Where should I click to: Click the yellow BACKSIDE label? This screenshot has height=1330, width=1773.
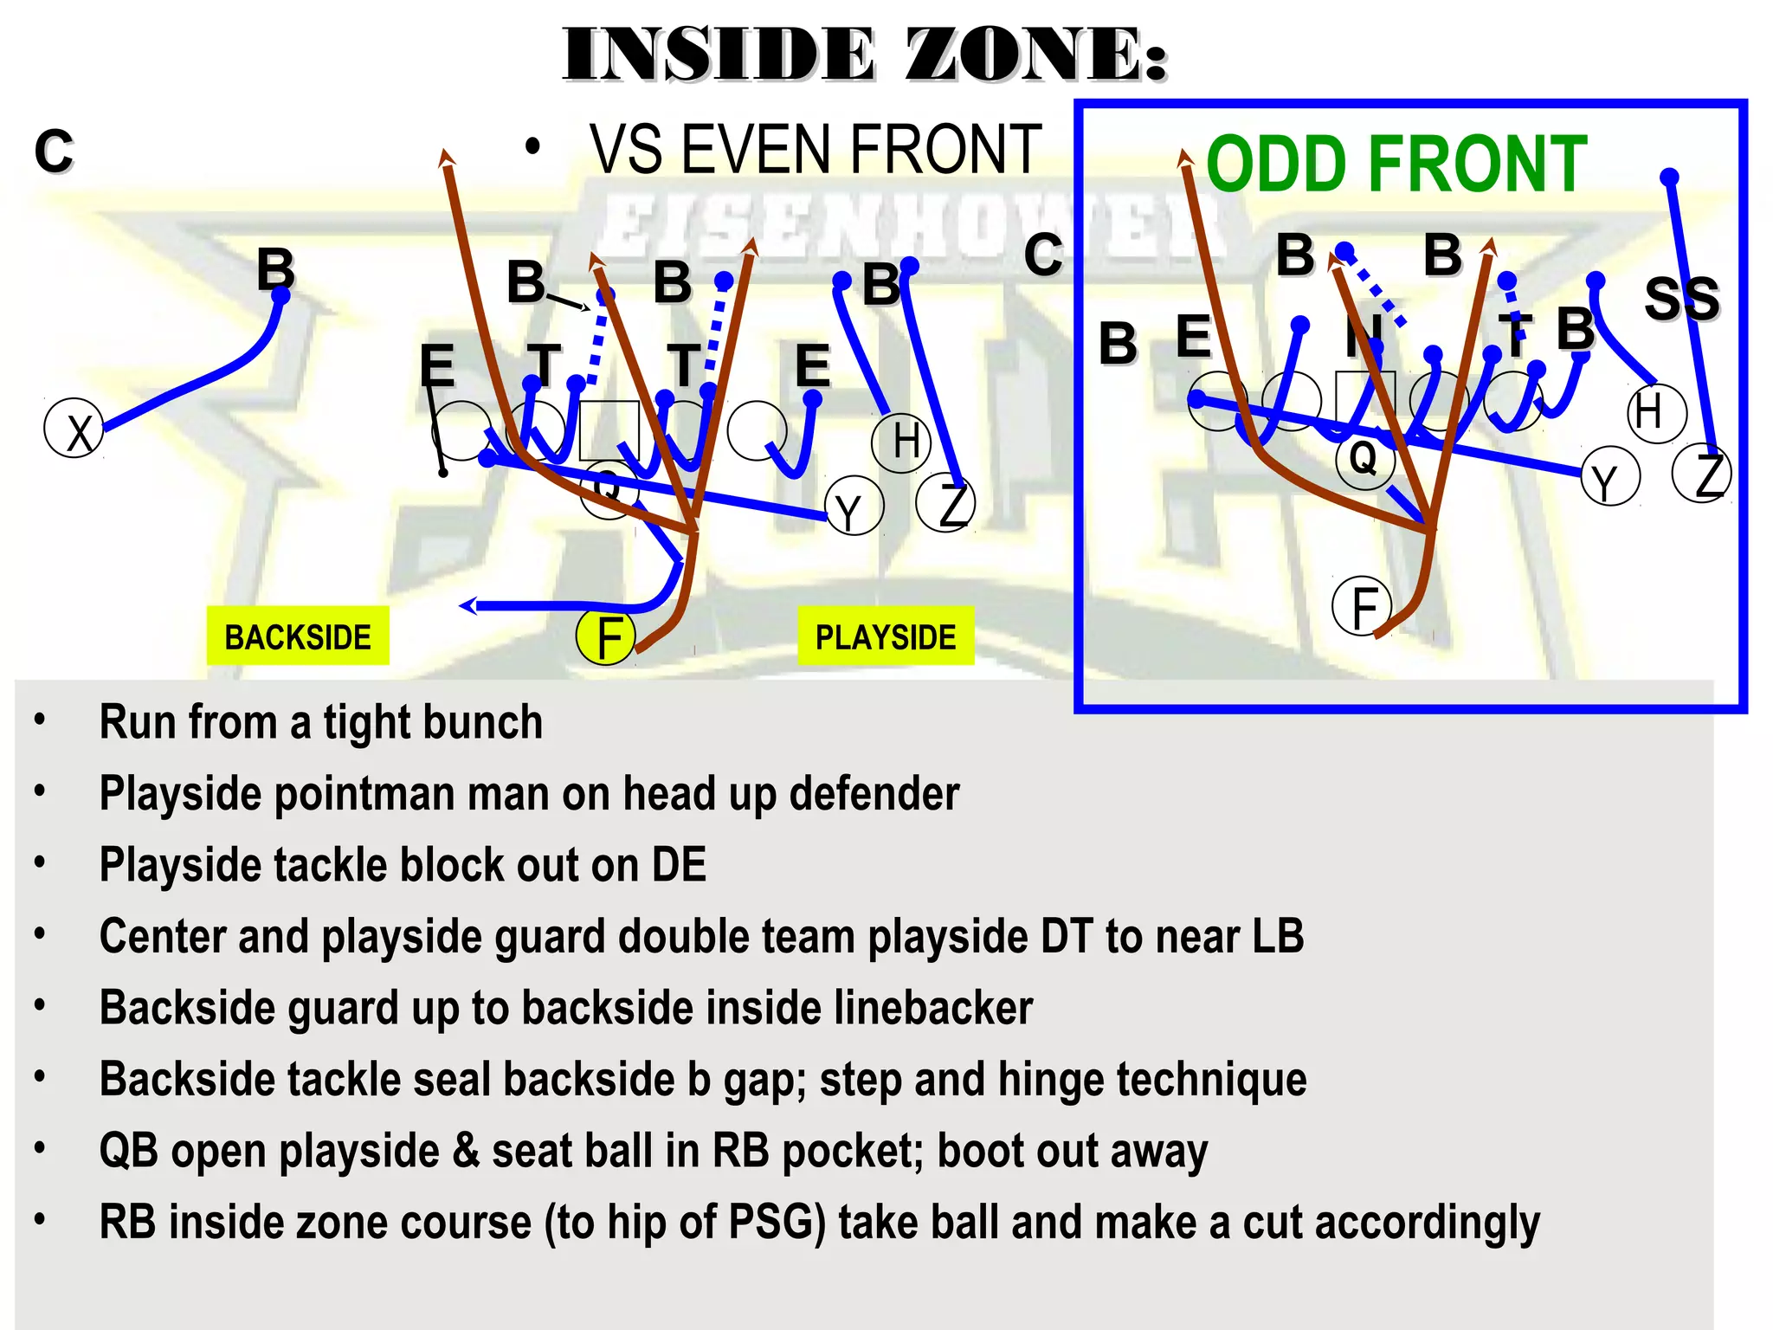pyautogui.click(x=298, y=636)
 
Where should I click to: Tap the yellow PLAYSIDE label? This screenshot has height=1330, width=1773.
pyautogui.click(x=886, y=636)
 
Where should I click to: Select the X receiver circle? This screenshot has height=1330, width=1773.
pyautogui.click(x=74, y=429)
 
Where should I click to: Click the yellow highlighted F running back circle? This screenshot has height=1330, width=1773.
pyautogui.click(x=606, y=636)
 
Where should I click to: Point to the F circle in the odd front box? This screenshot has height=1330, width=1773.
pyautogui.click(x=1362, y=606)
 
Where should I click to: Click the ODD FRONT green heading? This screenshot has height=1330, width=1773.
pyautogui.click(x=1396, y=165)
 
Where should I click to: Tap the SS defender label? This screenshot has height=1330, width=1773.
pyautogui.click(x=1681, y=299)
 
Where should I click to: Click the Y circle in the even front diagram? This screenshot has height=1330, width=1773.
pyautogui.click(x=854, y=507)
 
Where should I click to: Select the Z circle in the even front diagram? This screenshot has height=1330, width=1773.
pyautogui.click(x=946, y=502)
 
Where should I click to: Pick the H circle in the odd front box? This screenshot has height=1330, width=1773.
pyautogui.click(x=1656, y=413)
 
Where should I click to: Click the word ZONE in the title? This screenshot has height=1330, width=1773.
pyautogui.click(x=1035, y=55)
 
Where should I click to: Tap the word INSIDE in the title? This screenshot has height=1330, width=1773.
pyautogui.click(x=719, y=55)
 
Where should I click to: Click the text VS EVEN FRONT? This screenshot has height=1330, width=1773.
pyautogui.click(x=816, y=150)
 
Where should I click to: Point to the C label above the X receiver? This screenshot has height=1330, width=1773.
pyautogui.click(x=54, y=151)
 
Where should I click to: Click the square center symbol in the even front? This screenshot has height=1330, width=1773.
pyautogui.click(x=609, y=429)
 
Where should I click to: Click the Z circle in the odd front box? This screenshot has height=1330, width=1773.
pyautogui.click(x=1702, y=474)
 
